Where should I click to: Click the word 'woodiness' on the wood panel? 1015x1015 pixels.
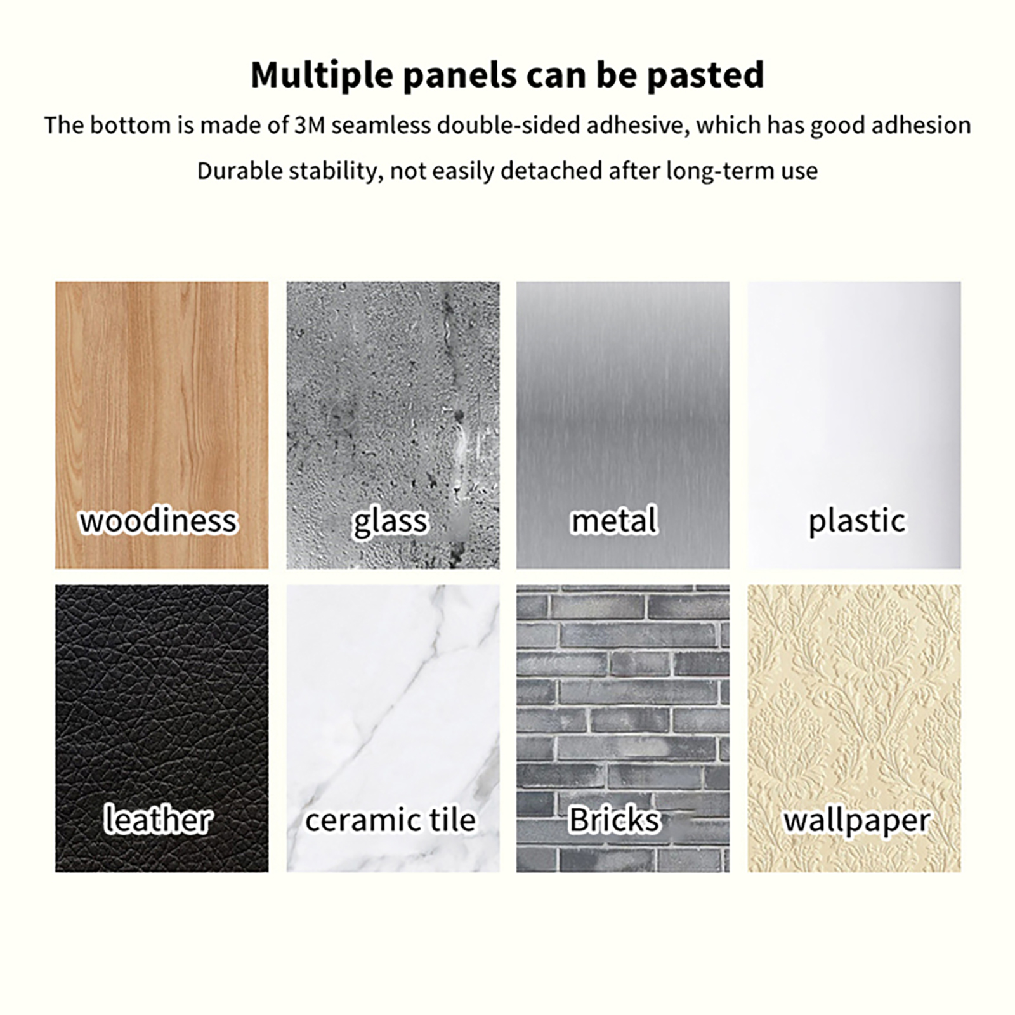point(158,521)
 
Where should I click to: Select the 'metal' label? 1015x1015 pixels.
point(614,521)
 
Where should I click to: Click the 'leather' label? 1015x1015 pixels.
point(157,820)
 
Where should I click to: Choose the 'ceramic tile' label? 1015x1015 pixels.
point(391,820)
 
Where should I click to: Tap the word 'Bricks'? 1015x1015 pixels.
point(614,820)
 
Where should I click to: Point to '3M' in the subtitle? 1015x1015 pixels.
point(310,126)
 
